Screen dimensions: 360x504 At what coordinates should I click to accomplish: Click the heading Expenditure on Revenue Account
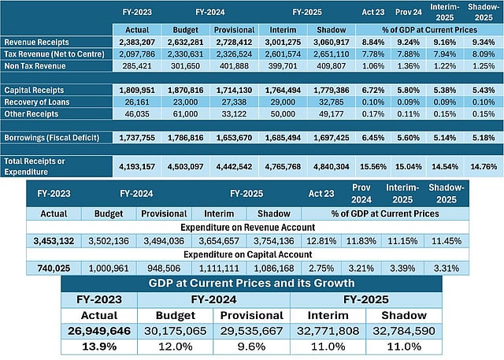pyautogui.click(x=249, y=226)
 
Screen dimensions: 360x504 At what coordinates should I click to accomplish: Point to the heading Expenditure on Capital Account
pyautogui.click(x=249, y=254)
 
